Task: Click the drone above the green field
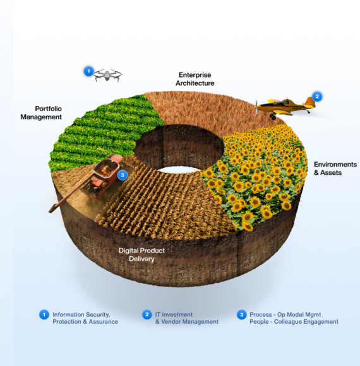click(107, 75)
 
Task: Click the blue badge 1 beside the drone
click(88, 71)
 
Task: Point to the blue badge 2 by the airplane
click(317, 97)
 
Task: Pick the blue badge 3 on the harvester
click(123, 175)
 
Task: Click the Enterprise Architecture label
click(195, 79)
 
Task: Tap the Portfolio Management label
click(41, 113)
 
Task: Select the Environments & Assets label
click(335, 168)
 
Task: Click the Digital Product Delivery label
click(141, 255)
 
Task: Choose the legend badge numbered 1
click(44, 315)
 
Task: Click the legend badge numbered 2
click(147, 315)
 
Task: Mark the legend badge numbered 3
click(241, 315)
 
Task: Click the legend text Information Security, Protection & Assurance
click(85, 318)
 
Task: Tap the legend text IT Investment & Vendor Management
click(187, 318)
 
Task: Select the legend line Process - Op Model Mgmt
click(285, 315)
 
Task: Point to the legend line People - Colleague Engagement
click(294, 322)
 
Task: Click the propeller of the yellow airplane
click(256, 107)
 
